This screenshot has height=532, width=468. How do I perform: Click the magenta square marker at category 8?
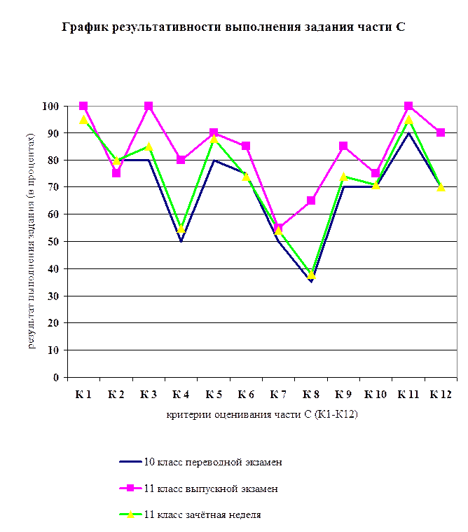(311, 200)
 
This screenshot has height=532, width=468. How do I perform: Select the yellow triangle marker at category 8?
(311, 274)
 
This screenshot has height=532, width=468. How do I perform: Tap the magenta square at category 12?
(441, 132)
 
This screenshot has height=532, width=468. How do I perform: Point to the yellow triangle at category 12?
(441, 187)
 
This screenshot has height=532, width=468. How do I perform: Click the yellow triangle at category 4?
(181, 228)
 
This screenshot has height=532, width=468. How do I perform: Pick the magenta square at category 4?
(181, 160)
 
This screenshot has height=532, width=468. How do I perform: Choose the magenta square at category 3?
(149, 106)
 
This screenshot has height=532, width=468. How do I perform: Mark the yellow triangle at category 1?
(83, 120)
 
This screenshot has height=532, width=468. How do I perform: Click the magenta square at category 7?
(279, 229)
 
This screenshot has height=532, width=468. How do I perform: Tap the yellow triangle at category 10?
(376, 184)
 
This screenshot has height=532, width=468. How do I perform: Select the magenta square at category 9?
(343, 146)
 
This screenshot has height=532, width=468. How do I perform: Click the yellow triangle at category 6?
(246, 176)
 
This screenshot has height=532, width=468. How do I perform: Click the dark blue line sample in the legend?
(130, 462)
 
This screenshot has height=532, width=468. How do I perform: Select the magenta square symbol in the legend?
(130, 489)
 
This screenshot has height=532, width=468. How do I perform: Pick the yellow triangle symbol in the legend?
(130, 514)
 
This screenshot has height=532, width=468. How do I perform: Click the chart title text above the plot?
(234, 28)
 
